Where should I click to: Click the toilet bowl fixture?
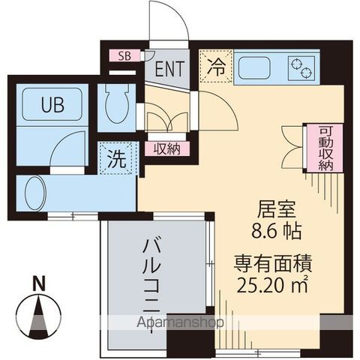pos(118,106)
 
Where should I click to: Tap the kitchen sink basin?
pos(259,68)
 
